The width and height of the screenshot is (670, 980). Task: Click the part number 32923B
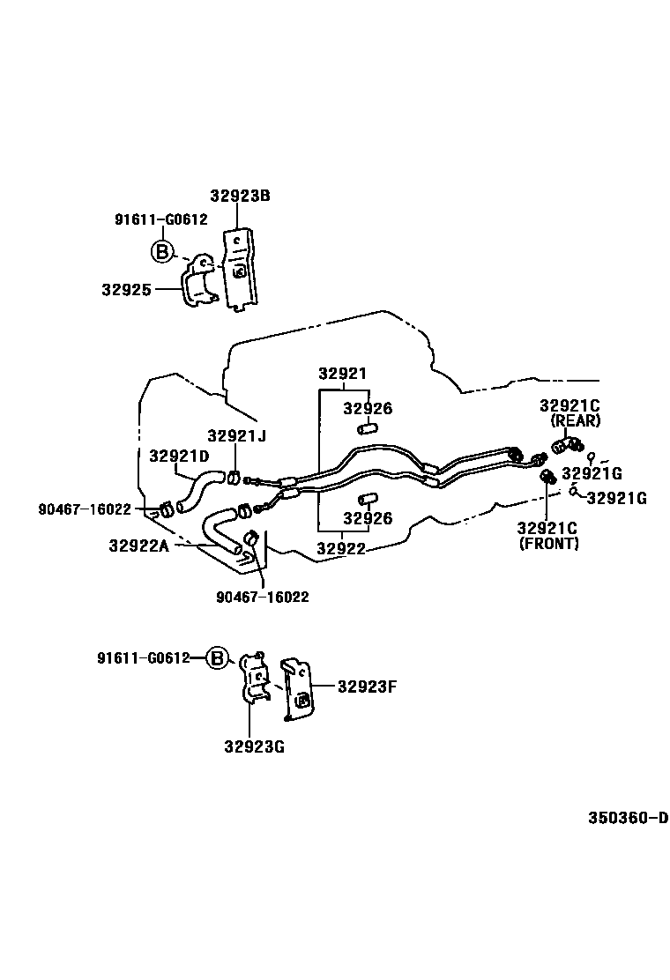click(x=240, y=196)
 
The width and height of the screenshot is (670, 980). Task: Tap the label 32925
click(x=126, y=289)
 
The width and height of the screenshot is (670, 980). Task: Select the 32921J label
click(x=236, y=435)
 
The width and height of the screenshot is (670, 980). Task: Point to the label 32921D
click(x=179, y=456)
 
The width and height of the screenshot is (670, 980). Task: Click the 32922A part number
click(x=138, y=546)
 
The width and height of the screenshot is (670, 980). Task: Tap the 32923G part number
click(x=254, y=746)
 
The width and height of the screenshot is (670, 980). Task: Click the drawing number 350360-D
click(x=629, y=817)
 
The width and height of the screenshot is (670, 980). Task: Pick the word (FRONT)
click(x=548, y=544)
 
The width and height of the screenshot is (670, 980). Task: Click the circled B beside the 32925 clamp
click(x=161, y=252)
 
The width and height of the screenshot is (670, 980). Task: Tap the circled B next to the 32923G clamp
click(x=218, y=657)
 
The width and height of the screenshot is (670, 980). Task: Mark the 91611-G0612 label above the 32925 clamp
click(x=161, y=219)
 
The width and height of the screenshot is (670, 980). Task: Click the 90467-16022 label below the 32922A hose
click(x=263, y=597)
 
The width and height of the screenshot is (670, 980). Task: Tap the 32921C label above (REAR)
click(x=569, y=405)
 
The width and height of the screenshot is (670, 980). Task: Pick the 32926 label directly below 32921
click(x=368, y=409)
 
